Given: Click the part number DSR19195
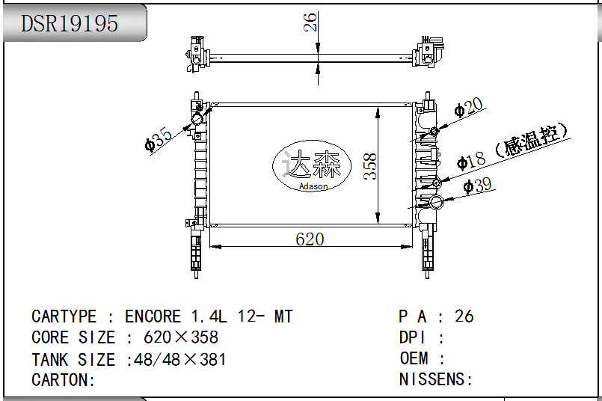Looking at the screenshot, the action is click(70, 23).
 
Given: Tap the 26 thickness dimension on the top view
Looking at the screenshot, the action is click(310, 22).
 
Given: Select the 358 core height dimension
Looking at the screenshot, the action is click(370, 166).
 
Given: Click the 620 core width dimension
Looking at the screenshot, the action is click(310, 239).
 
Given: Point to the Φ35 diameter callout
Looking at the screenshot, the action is click(159, 139).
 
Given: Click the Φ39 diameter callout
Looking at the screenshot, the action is click(477, 186).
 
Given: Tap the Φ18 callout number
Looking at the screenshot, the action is click(471, 161).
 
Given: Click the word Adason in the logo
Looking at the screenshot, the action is click(313, 186).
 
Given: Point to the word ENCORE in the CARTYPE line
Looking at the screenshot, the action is click(153, 316).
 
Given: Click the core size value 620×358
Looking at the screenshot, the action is click(181, 337).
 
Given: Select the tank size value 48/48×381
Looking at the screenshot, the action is click(180, 360).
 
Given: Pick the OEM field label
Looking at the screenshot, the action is click(414, 358).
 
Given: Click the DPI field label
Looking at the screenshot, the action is click(412, 337).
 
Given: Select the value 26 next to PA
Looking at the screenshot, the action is click(464, 316).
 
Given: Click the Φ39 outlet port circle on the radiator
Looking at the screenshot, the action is click(437, 202).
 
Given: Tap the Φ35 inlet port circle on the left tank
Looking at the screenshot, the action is click(197, 119).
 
